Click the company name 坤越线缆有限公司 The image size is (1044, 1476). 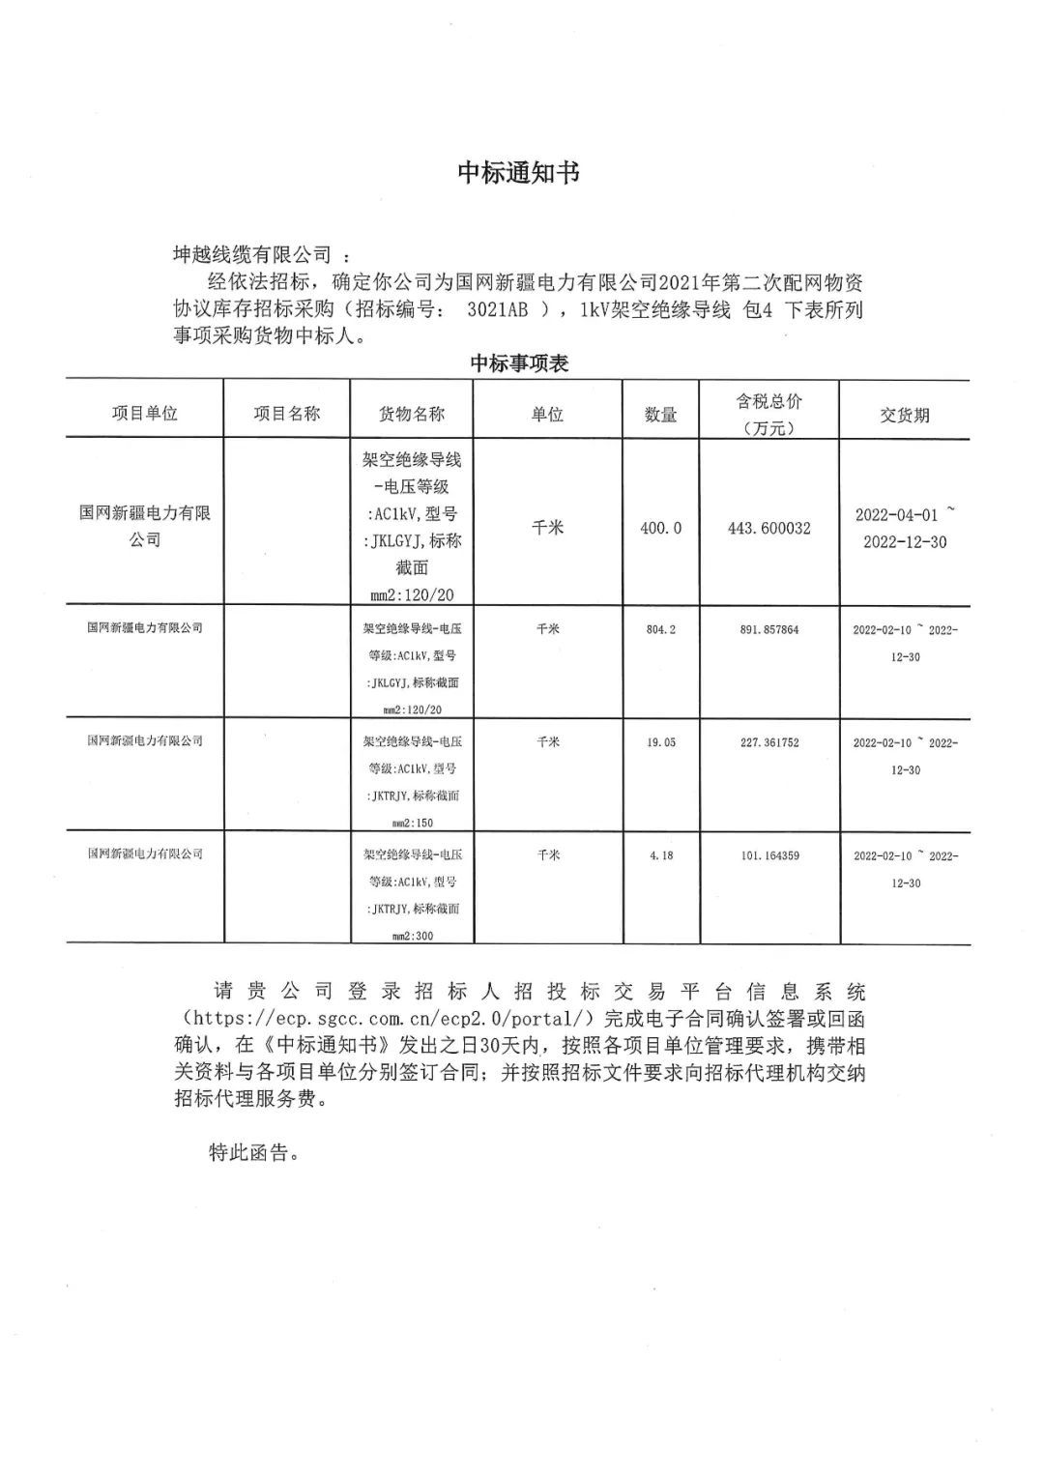[251, 255]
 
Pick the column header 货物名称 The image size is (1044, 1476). [411, 413]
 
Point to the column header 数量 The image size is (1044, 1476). [660, 415]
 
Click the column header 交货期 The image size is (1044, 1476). [904, 415]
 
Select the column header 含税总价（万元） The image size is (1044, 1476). [768, 415]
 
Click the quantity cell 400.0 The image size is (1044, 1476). [660, 528]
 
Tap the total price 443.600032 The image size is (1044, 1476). [768, 528]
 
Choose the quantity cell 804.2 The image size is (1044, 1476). [660, 629]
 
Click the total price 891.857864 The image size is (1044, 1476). [768, 629]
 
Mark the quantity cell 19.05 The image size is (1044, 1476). [660, 742]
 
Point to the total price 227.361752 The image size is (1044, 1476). [768, 742]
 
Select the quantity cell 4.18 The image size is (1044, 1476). [660, 855]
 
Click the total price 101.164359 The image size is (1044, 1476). [768, 855]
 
